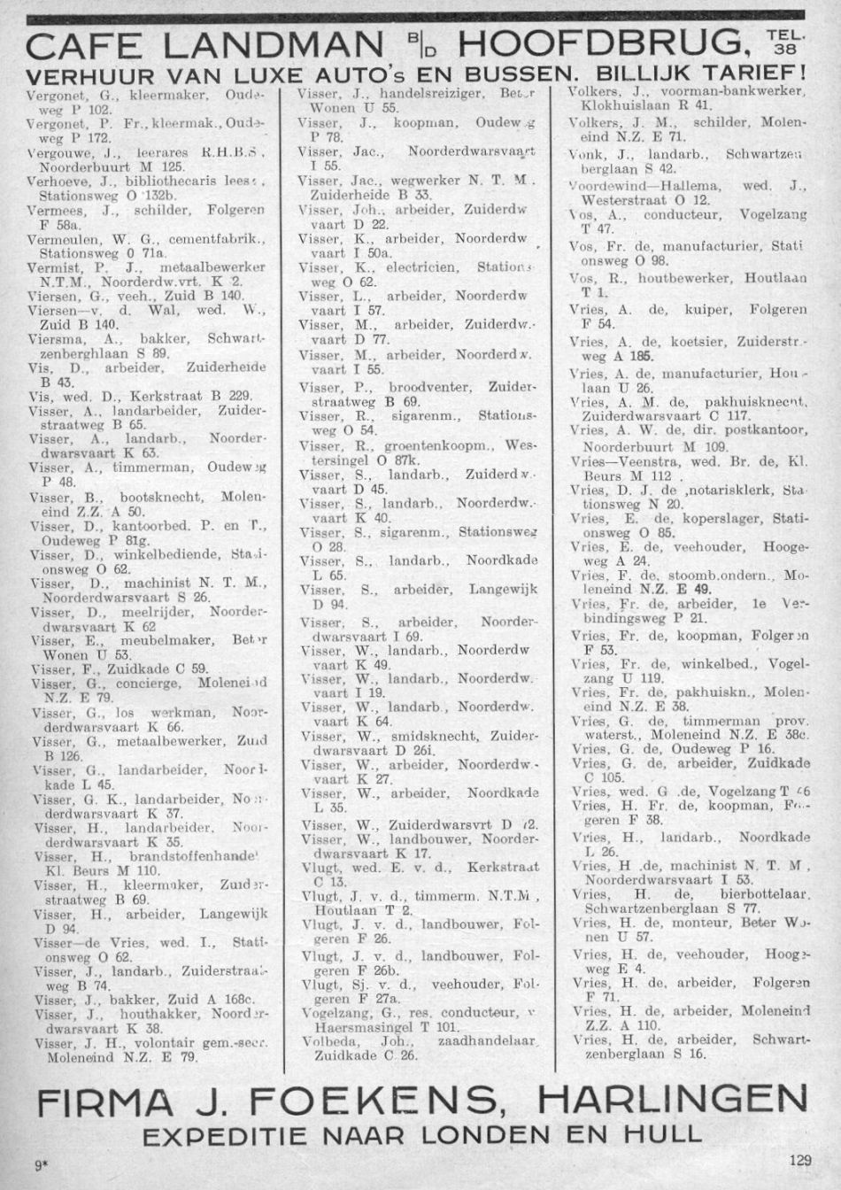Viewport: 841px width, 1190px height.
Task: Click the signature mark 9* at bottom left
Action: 41,1166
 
